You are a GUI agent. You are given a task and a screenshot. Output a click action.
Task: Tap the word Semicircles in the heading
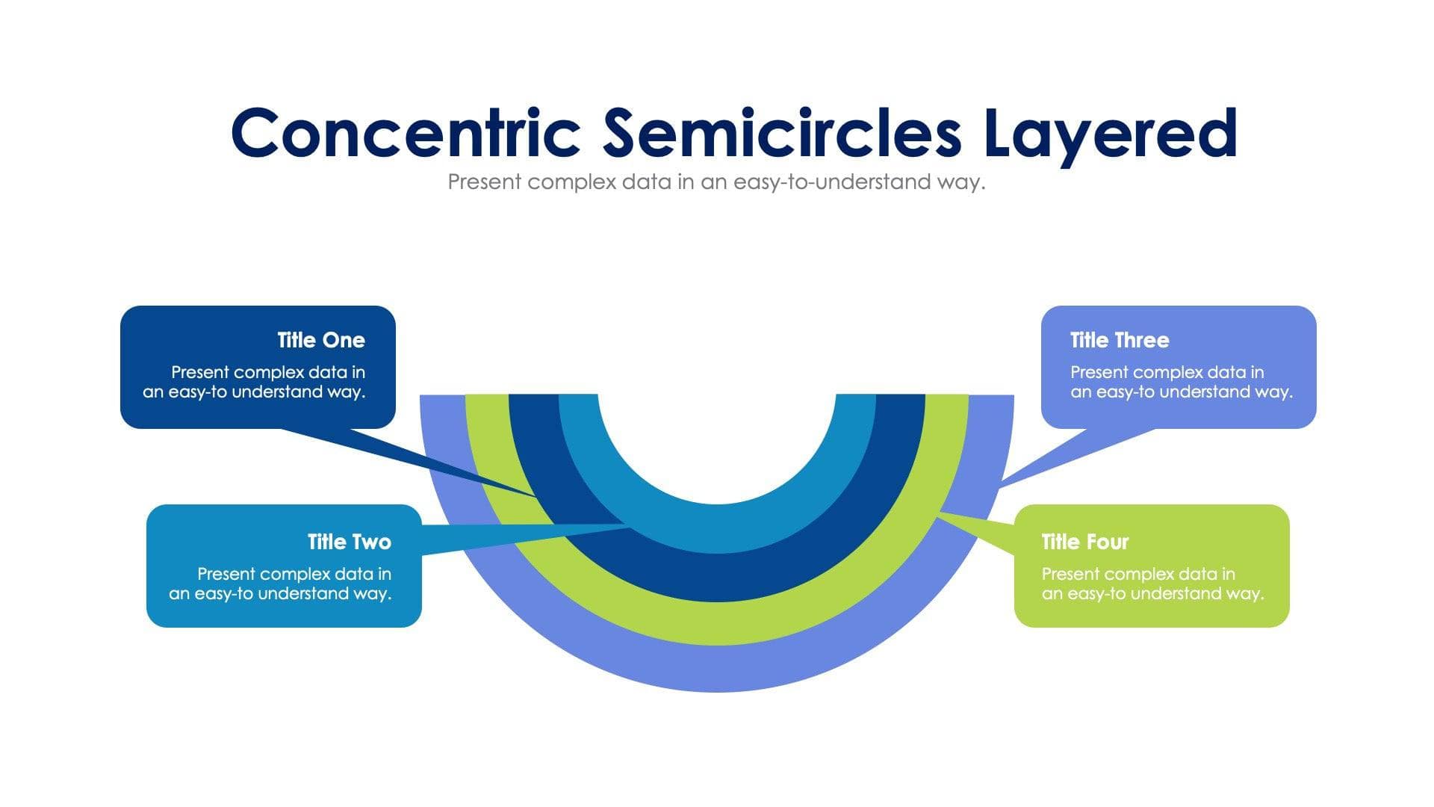click(x=782, y=133)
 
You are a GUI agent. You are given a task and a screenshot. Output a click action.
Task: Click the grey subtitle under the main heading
click(x=716, y=182)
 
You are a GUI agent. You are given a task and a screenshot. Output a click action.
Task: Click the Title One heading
click(x=321, y=340)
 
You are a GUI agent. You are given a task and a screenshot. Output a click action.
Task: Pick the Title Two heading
click(x=349, y=542)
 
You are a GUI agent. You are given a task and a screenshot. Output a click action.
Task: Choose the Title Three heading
click(x=1119, y=340)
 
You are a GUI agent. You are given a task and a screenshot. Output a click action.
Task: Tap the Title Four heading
click(x=1084, y=542)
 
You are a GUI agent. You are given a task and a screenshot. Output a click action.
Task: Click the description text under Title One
click(x=254, y=382)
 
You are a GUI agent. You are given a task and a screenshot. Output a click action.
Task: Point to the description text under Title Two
click(x=280, y=584)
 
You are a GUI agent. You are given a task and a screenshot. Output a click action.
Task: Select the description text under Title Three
click(x=1181, y=382)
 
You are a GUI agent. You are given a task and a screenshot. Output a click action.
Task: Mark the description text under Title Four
click(x=1152, y=584)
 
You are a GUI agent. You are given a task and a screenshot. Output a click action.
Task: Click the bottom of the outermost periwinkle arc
click(x=717, y=670)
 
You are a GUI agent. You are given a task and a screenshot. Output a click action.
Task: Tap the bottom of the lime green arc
click(x=717, y=624)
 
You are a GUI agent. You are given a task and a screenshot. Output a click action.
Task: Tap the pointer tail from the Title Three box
click(x=1061, y=456)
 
